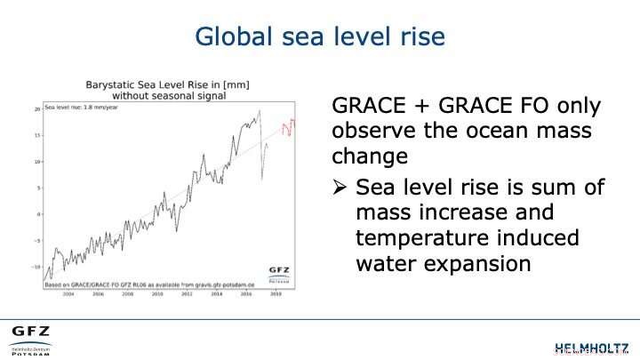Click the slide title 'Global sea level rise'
[x=319, y=36]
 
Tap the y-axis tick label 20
[x=37, y=109]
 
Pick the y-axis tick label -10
[x=36, y=267]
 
